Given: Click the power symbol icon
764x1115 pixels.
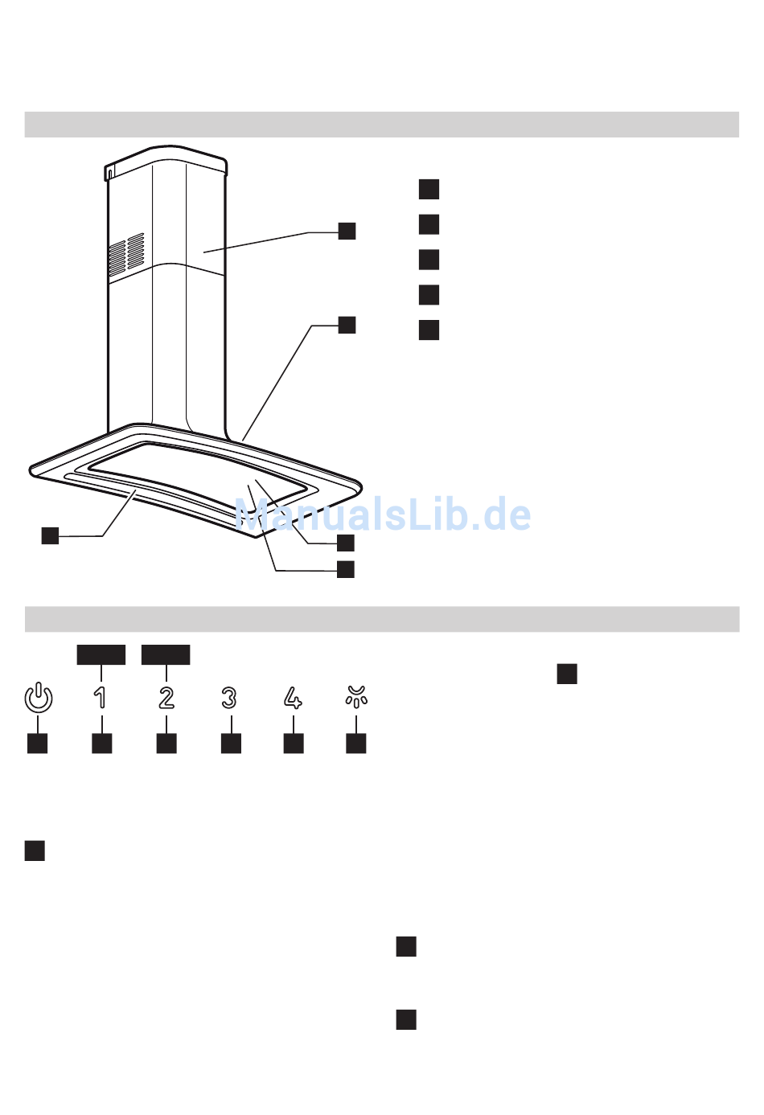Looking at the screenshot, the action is coord(38,697).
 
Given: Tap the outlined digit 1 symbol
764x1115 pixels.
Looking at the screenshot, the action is coord(101,697).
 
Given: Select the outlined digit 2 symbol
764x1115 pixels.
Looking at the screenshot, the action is coord(166,697).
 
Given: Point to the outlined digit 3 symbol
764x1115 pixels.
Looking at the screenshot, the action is coord(230,697).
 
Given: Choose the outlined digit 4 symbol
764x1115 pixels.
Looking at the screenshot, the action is coord(294,697).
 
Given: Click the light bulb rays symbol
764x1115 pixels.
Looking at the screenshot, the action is coord(356,696).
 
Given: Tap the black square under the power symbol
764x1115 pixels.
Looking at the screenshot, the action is coord(38,743).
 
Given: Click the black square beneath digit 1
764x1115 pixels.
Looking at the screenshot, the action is coord(102,743).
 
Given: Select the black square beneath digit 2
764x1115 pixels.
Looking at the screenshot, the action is coord(166,743).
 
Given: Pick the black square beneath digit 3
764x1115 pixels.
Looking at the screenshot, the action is coord(231,743).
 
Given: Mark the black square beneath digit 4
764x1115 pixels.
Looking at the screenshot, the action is coord(294,743).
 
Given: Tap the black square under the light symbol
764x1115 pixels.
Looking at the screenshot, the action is coord(356,743).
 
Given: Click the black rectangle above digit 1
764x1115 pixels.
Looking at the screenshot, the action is coord(101,654).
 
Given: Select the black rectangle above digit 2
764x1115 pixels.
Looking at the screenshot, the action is coord(166,654).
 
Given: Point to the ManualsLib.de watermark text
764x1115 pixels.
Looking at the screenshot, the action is coord(383,514).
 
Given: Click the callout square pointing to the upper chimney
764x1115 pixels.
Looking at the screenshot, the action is coord(347,231).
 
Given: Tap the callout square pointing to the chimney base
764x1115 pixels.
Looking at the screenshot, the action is coord(347,325).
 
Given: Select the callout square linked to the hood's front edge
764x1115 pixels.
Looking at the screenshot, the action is coord(50,535).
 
